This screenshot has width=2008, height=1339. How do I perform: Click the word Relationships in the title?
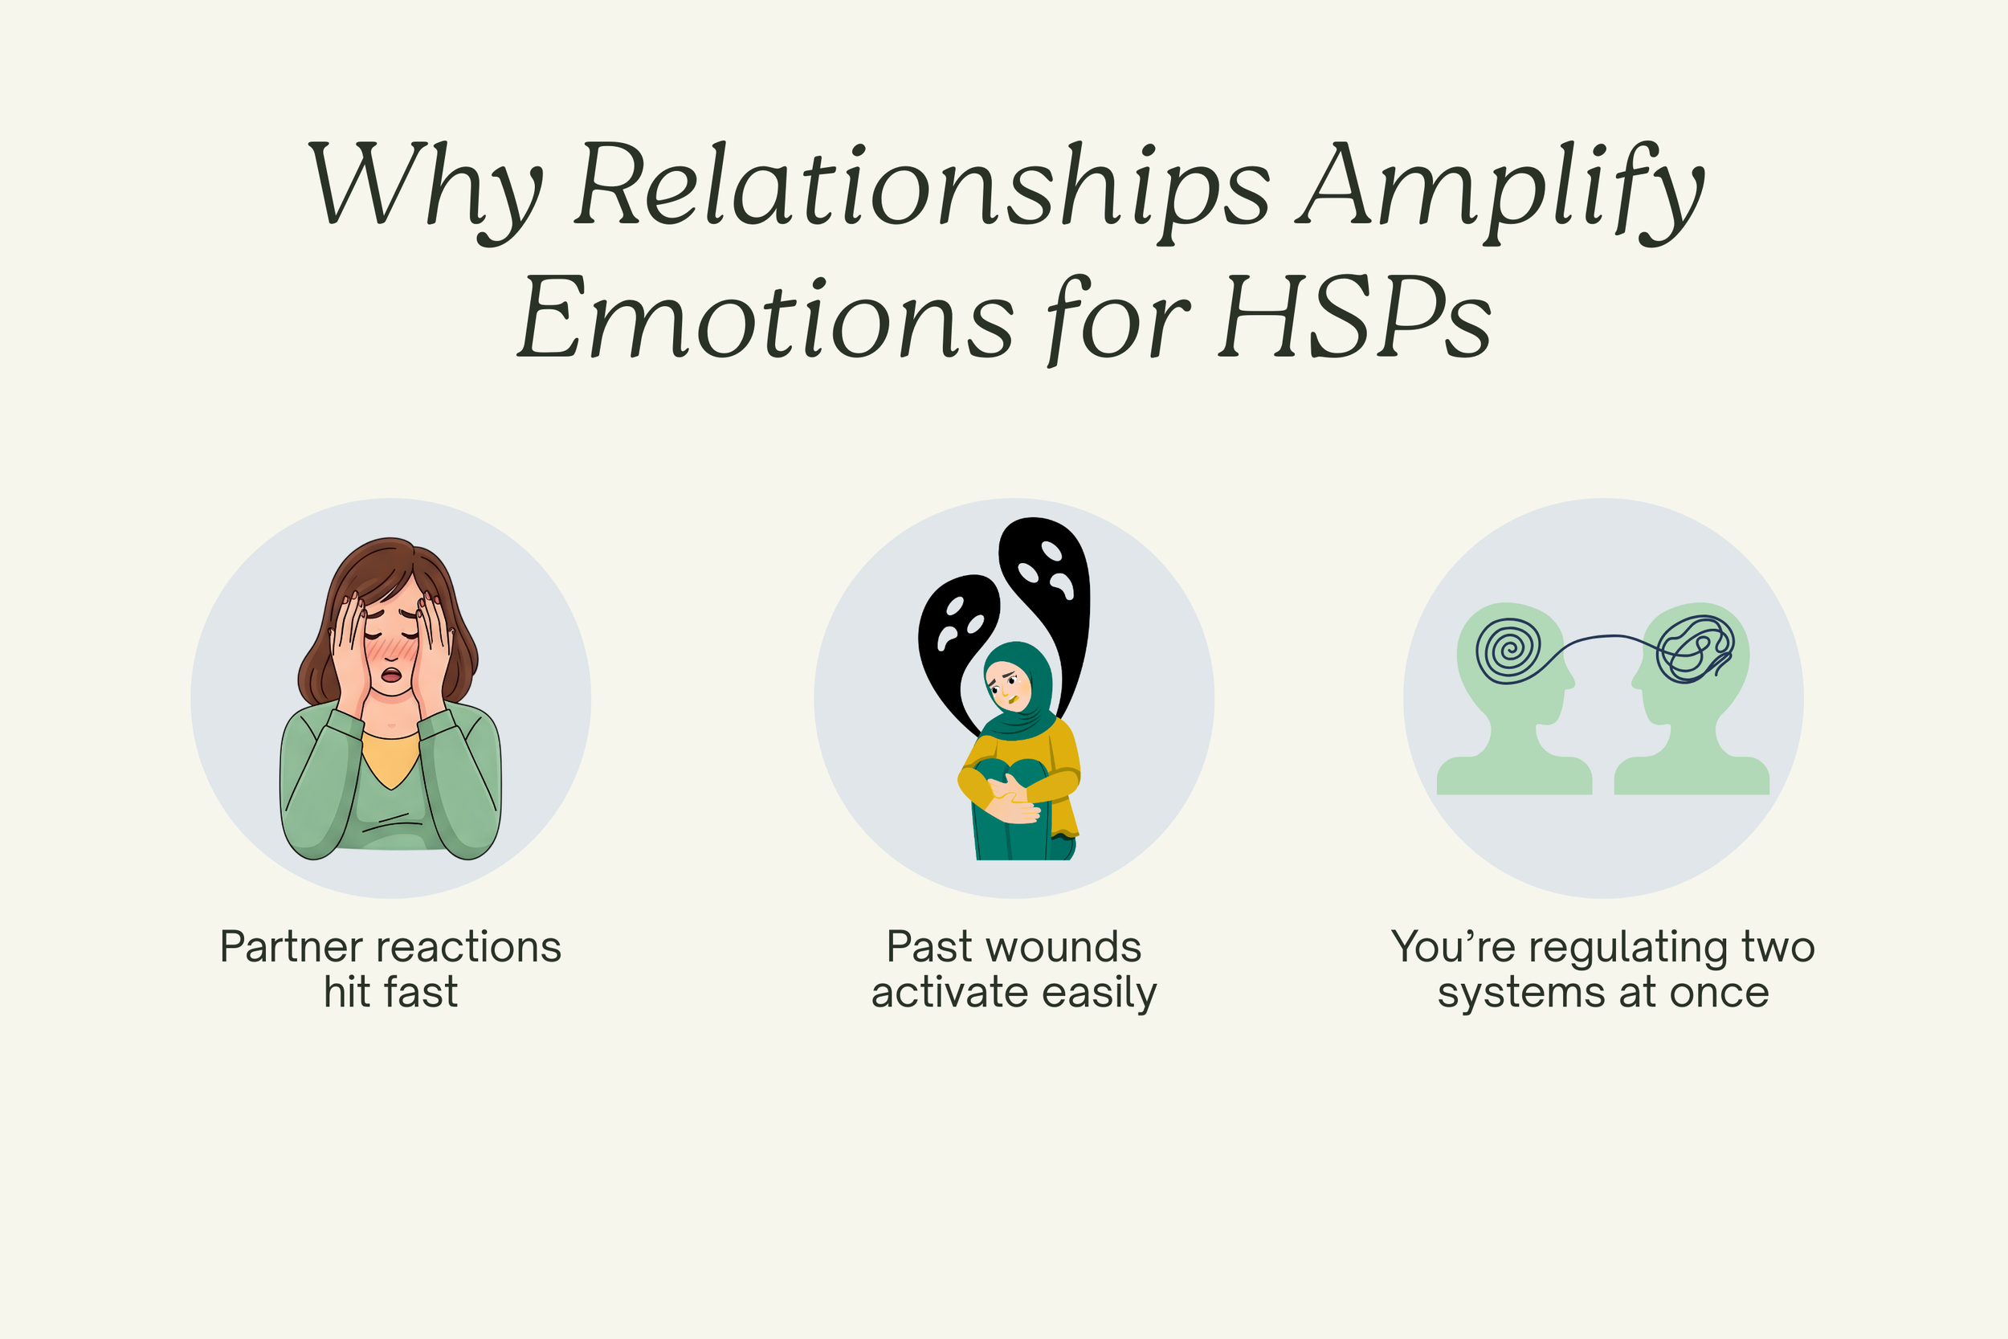922,186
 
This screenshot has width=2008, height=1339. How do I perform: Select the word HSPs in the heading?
1356,317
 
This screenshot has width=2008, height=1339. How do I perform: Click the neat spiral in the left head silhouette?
1508,651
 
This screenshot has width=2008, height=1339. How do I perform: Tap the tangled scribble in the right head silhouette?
1695,650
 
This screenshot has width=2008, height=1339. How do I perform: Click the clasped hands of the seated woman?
1011,799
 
